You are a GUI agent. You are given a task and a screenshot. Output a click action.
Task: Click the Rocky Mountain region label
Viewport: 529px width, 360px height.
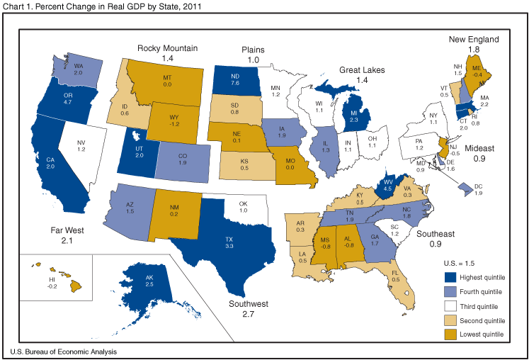click(x=168, y=48)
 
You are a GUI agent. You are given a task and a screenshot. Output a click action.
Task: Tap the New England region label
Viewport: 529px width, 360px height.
click(x=474, y=40)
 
